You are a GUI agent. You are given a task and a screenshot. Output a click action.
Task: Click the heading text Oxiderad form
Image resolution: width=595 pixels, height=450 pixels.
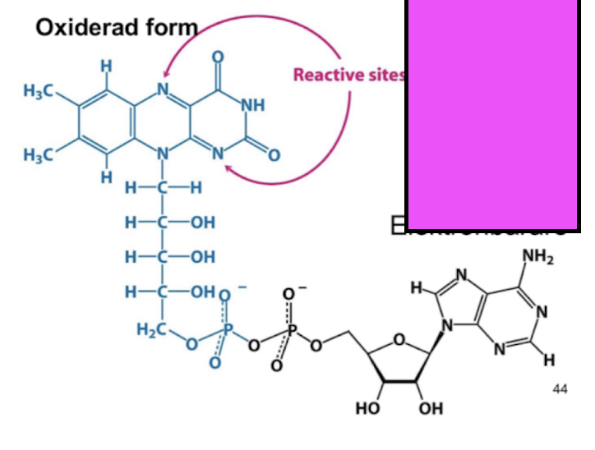point(118,28)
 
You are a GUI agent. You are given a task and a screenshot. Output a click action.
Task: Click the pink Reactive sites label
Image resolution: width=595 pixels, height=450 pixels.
point(349,76)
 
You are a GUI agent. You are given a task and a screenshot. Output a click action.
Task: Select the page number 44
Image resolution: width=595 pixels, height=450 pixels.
point(560,388)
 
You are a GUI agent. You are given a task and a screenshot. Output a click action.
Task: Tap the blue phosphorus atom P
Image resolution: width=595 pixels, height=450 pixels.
point(228,328)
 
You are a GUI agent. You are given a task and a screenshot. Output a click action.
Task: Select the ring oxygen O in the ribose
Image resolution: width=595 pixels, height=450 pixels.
point(399,338)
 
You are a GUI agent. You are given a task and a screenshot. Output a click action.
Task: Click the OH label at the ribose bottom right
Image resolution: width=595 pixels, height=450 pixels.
point(431,408)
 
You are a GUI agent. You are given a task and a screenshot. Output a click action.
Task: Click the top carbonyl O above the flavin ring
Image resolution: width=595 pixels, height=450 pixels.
point(218,57)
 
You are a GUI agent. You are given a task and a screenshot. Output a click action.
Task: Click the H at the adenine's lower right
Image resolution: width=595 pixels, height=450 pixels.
point(549,359)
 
